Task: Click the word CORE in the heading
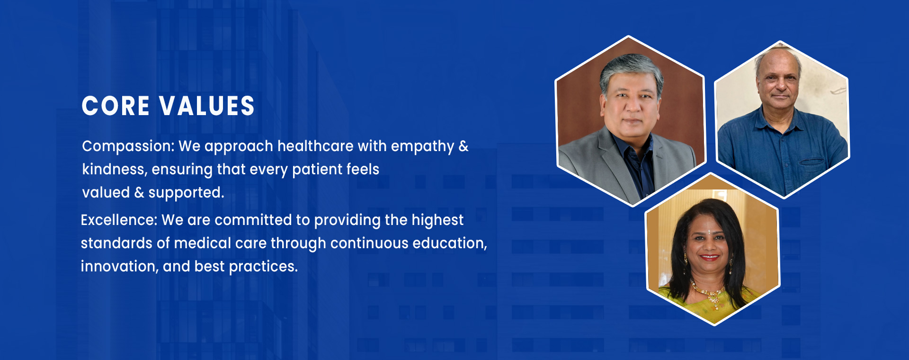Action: (x=116, y=106)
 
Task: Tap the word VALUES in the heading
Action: (x=207, y=106)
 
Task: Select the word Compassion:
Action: (x=128, y=146)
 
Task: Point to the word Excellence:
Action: (x=119, y=220)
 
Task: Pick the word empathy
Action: (x=422, y=147)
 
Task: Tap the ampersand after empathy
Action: (x=463, y=146)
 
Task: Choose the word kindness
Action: (x=114, y=170)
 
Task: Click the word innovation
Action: (x=119, y=267)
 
